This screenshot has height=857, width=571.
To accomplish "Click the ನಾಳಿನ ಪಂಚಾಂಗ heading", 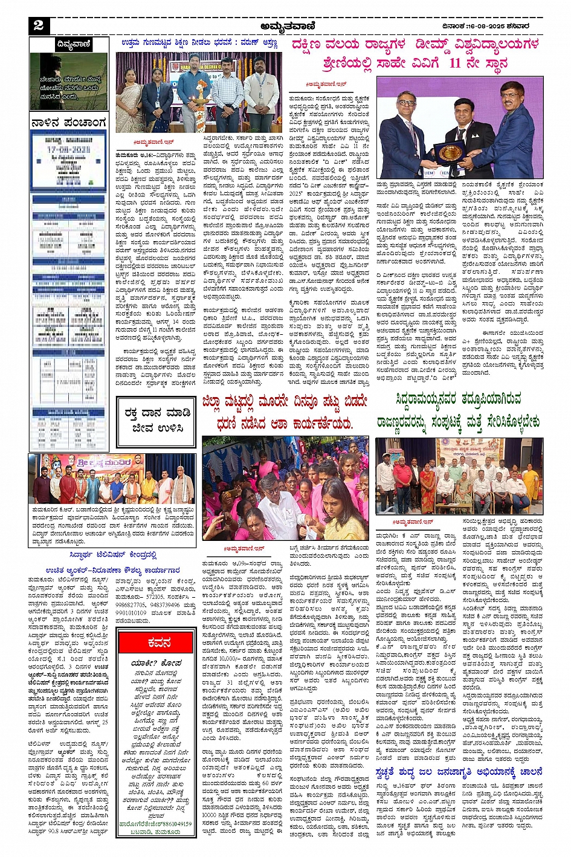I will [x=69, y=123].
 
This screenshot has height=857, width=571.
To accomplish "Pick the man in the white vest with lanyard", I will [x=262, y=88].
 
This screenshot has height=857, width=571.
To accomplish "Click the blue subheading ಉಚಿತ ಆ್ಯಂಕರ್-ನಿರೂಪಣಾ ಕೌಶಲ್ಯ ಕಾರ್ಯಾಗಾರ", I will [x=112, y=569].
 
